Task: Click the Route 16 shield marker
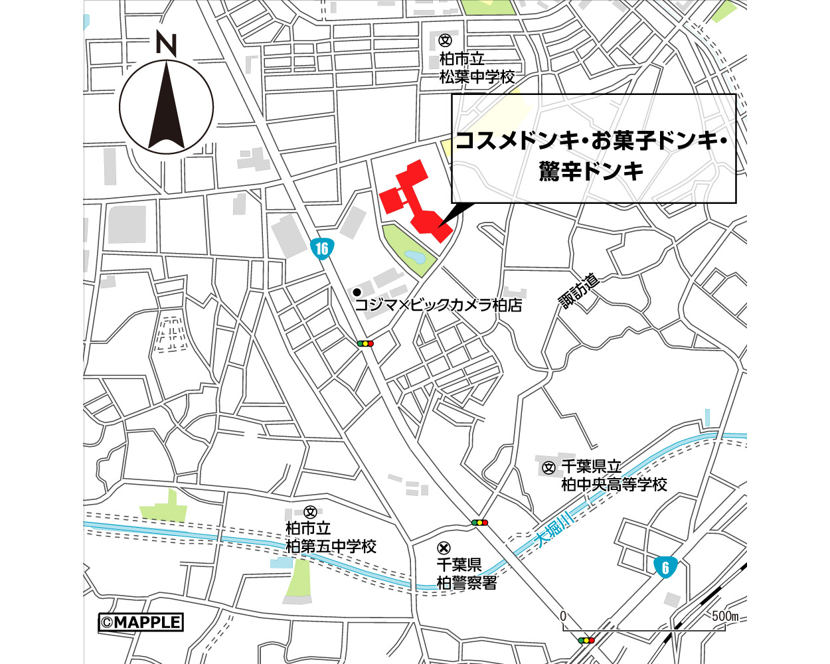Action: pos(322,248)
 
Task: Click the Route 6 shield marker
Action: pos(665,566)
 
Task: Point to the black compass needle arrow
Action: pos(167,106)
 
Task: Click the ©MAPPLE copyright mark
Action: pos(141,622)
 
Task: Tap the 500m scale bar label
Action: pos(725,616)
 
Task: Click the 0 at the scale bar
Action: pos(563,616)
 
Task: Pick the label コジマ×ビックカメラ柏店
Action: pos(438,305)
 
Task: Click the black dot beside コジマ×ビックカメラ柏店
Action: pos(357,292)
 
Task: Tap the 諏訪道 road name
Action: pos(579,291)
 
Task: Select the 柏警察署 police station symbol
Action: pos(444,548)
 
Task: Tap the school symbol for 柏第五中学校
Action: pos(309,512)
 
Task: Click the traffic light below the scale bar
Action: pos(586,640)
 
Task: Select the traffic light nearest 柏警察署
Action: pos(479,523)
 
